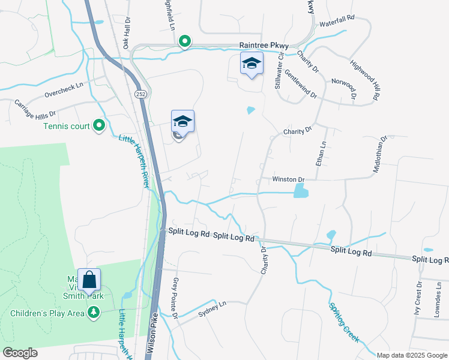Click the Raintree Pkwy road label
point(264,46)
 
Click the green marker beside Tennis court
point(100,126)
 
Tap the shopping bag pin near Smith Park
point(89,280)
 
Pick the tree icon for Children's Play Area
point(94,313)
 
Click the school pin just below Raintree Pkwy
point(252,64)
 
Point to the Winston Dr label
point(289,179)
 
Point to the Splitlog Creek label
point(344,322)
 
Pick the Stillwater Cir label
point(279,74)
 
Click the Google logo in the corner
point(20,353)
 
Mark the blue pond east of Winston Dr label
point(300,191)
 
